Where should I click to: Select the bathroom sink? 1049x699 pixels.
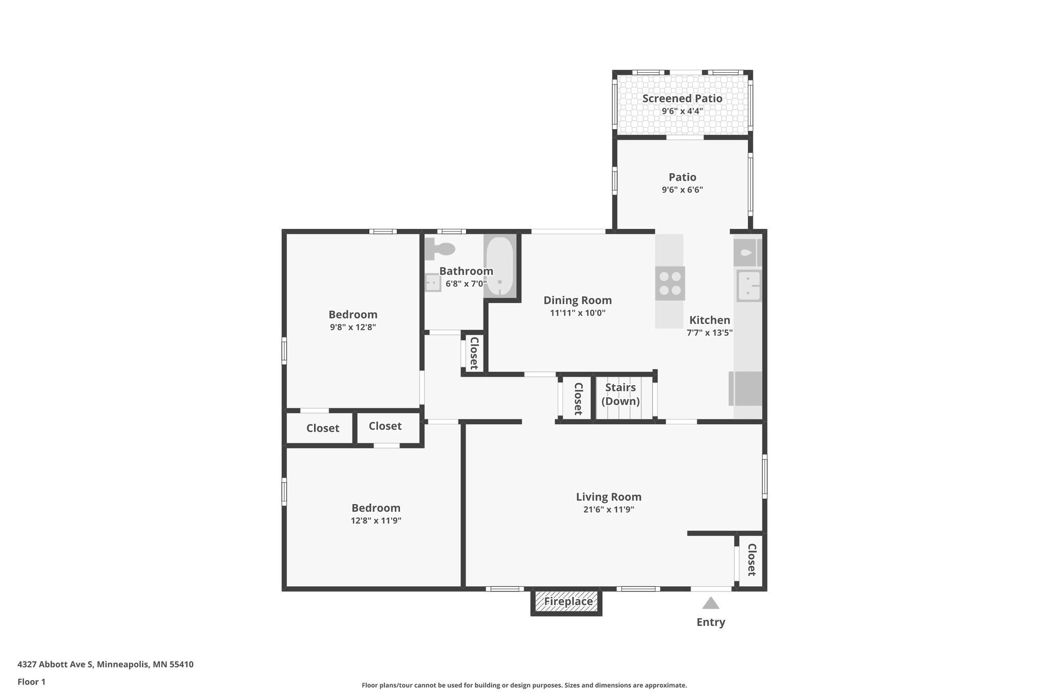[433, 282]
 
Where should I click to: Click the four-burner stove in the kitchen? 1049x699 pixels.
[670, 283]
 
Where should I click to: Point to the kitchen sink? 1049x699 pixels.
[748, 285]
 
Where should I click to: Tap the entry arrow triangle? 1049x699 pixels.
[710, 603]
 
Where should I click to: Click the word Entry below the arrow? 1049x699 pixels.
[710, 622]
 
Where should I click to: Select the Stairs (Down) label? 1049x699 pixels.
[620, 394]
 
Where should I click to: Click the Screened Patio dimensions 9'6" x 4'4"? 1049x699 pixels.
[682, 111]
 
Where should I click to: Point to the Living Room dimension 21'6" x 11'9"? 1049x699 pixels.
[608, 510]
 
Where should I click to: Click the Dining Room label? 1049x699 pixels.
[577, 301]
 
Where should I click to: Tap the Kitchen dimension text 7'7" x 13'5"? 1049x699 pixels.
[709, 332]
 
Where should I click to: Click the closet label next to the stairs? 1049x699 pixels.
[578, 398]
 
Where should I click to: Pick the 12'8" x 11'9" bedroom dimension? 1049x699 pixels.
[375, 521]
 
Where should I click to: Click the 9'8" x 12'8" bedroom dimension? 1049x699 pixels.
[353, 327]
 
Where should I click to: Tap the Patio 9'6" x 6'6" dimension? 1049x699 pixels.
[682, 190]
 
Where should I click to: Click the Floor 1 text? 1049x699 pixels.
[32, 682]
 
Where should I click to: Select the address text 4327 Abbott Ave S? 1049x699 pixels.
[55, 665]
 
